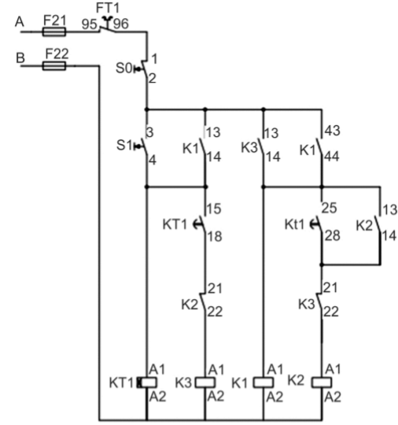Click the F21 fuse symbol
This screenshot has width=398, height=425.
pyautogui.click(x=54, y=31)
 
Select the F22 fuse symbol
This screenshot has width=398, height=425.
pyautogui.click(x=54, y=66)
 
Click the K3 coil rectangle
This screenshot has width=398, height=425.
pyautogui.click(x=205, y=382)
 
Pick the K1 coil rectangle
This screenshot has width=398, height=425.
pyautogui.click(x=263, y=382)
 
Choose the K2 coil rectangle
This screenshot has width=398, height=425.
pyautogui.click(x=322, y=382)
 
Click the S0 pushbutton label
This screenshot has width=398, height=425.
pyautogui.click(x=123, y=68)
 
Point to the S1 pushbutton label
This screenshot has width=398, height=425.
pyautogui.click(x=123, y=146)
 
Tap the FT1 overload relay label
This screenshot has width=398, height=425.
pyautogui.click(x=108, y=8)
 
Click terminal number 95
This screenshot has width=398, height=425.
pyautogui.click(x=89, y=24)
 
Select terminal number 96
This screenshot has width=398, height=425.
pyautogui.click(x=121, y=24)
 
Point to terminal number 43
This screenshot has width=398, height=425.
pyautogui.click(x=333, y=131)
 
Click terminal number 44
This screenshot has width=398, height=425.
pyautogui.click(x=332, y=157)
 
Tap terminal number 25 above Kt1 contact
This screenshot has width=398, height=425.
pyautogui.click(x=330, y=208)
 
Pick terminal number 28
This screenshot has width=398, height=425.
pyautogui.click(x=333, y=235)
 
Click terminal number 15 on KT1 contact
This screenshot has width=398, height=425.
pyautogui.click(x=214, y=209)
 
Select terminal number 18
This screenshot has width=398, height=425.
pyautogui.click(x=215, y=236)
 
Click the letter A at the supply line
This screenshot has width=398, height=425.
pyautogui.click(x=20, y=22)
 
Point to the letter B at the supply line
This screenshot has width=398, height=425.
pyautogui.click(x=20, y=57)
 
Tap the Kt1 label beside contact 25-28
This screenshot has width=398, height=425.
pyautogui.click(x=294, y=224)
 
